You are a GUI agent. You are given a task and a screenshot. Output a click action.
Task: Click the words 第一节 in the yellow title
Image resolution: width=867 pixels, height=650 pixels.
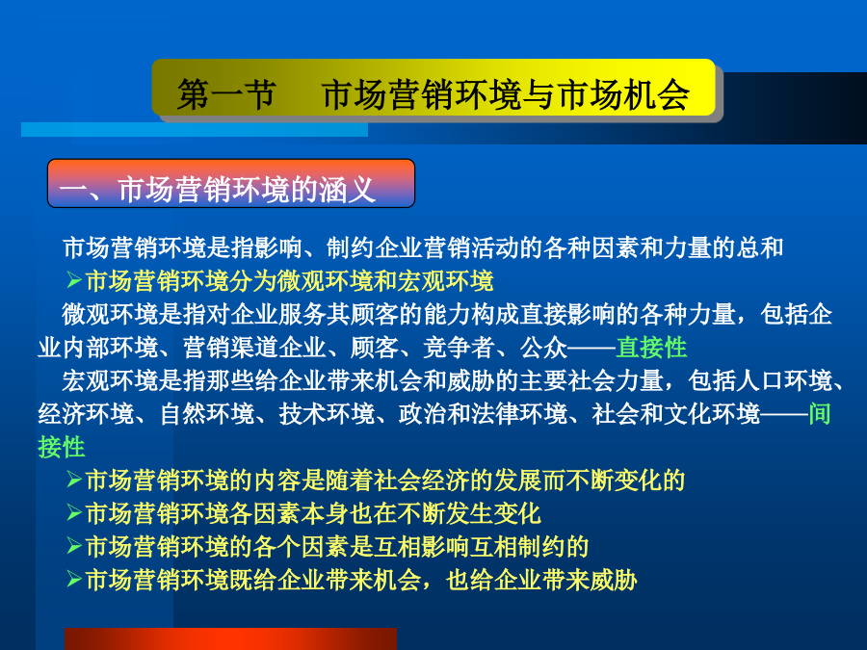click(x=226, y=94)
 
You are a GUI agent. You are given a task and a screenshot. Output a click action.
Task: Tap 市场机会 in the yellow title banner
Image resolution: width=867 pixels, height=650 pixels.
click(x=624, y=94)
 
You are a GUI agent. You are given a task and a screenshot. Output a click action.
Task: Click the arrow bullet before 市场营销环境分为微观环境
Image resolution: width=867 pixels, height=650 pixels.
click(x=74, y=280)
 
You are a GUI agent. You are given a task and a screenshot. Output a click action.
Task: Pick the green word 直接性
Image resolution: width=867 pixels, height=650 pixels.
click(x=652, y=347)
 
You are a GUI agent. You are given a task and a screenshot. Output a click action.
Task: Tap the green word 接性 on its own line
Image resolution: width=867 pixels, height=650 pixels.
click(x=62, y=447)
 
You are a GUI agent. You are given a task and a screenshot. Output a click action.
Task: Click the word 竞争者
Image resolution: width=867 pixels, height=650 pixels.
click(x=459, y=347)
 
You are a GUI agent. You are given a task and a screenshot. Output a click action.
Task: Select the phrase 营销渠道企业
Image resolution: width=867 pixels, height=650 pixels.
click(x=254, y=347)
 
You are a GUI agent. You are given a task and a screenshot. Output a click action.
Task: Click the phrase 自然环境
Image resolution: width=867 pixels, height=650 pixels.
click(x=207, y=413)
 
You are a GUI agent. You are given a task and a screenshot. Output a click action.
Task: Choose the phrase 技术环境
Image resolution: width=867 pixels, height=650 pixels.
click(x=327, y=413)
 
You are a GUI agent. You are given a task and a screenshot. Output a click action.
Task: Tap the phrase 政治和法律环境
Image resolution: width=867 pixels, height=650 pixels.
click(x=483, y=413)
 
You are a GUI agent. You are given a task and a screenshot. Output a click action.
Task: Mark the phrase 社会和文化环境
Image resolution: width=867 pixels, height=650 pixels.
click(x=675, y=413)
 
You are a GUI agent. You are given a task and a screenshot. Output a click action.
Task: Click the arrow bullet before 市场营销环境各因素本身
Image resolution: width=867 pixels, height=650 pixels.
click(x=74, y=512)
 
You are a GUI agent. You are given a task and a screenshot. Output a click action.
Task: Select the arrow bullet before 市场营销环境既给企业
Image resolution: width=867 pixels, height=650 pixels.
click(x=74, y=579)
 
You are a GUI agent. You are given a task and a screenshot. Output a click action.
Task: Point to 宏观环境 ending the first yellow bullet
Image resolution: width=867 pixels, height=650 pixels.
click(x=445, y=281)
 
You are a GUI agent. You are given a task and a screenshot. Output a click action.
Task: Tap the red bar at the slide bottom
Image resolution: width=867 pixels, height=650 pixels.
click(x=230, y=639)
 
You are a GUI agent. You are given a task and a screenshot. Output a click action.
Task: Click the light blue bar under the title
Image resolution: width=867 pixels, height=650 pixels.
click(x=194, y=129)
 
